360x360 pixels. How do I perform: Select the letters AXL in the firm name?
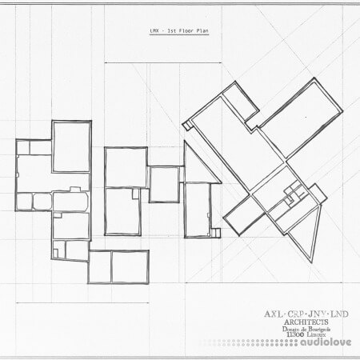272,312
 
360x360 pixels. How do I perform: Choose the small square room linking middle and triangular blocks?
164,184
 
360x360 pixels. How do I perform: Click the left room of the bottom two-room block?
99,266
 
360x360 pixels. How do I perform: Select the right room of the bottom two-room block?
130,266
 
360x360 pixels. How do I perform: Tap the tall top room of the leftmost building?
71,146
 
